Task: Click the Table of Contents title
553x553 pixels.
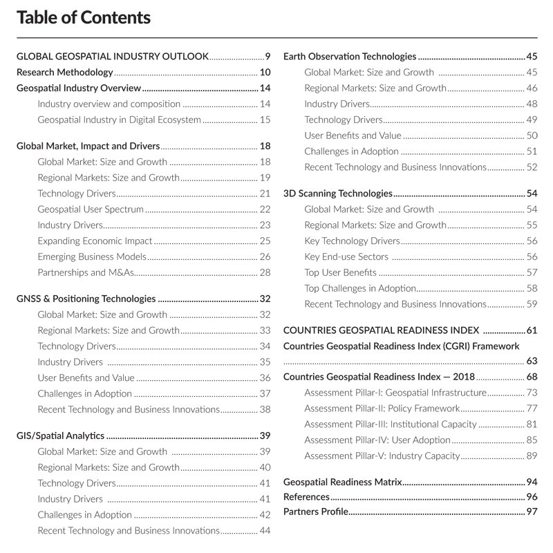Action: pyautogui.click(x=83, y=17)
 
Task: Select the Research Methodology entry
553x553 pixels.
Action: pyautogui.click(x=64, y=72)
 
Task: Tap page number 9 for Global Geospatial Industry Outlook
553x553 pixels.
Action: pyautogui.click(x=268, y=56)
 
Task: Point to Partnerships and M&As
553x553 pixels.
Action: pyautogui.click(x=85, y=272)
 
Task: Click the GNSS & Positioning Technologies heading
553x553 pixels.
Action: pyautogui.click(x=86, y=299)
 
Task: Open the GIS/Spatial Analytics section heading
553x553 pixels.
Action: pyautogui.click(x=60, y=435)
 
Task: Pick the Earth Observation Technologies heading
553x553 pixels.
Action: pyautogui.click(x=350, y=56)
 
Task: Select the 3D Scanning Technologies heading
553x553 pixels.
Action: pyautogui.click(x=338, y=194)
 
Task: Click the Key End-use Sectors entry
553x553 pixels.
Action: pyautogui.click(x=346, y=256)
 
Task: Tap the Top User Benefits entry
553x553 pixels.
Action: pyautogui.click(x=341, y=272)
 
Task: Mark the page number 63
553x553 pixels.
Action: pyautogui.click(x=532, y=361)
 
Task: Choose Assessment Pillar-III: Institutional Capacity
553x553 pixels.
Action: pyautogui.click(x=391, y=424)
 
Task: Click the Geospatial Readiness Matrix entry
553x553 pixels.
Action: pyautogui.click(x=343, y=481)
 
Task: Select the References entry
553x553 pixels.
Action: pyautogui.click(x=306, y=496)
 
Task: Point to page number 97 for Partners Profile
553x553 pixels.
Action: pyautogui.click(x=532, y=512)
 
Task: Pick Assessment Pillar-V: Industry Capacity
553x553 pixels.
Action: pyautogui.click(x=382, y=456)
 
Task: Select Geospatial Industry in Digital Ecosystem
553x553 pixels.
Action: pyautogui.click(x=119, y=120)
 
